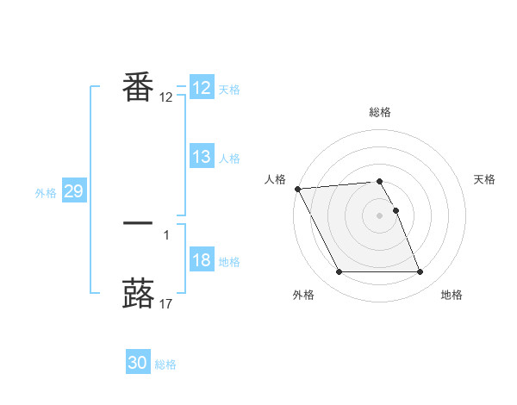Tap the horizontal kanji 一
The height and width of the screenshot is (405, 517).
[x=138, y=223]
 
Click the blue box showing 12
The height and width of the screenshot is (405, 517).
[x=202, y=88]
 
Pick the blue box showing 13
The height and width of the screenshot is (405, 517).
[x=202, y=157]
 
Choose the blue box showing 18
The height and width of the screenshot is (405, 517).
[x=202, y=261]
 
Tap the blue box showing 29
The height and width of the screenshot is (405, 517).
[x=73, y=191]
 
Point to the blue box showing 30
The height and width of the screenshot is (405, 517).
[x=138, y=363]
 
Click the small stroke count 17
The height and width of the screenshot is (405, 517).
[x=166, y=302]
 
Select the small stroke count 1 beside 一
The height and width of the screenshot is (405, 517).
[x=165, y=234]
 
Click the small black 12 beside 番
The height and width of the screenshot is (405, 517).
[x=166, y=97]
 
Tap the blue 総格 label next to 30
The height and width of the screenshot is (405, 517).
[x=165, y=364]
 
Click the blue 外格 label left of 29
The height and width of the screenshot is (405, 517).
[x=46, y=193]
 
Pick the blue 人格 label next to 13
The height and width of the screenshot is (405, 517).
[x=229, y=159]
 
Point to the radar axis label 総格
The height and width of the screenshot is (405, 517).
[x=380, y=112]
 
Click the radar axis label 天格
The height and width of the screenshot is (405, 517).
[x=485, y=179]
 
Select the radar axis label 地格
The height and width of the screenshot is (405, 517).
[x=452, y=295]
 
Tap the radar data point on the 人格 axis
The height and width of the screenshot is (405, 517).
[x=297, y=189]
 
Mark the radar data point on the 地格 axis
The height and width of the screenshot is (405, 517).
[x=420, y=272]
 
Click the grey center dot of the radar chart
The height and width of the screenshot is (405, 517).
[x=379, y=215]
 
